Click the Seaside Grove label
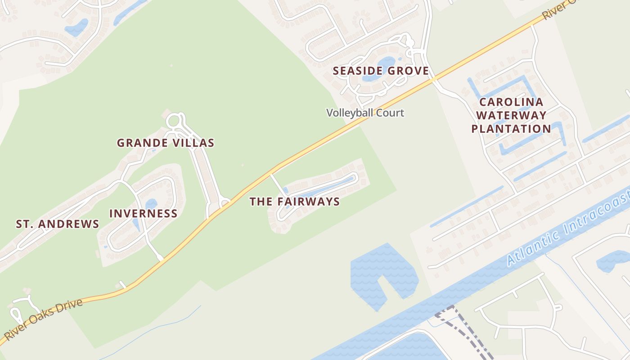tap(380, 71)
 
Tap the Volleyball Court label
tap(365, 112)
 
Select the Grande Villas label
tap(165, 143)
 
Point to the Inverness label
tap(143, 213)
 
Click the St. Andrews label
tap(58, 224)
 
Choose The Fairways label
tap(294, 202)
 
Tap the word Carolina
tap(511, 102)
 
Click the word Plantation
tap(511, 129)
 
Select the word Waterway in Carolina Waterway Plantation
tap(511, 116)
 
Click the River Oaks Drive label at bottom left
tap(43, 319)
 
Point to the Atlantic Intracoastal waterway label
tap(567, 229)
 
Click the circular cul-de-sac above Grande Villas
tap(174, 121)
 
